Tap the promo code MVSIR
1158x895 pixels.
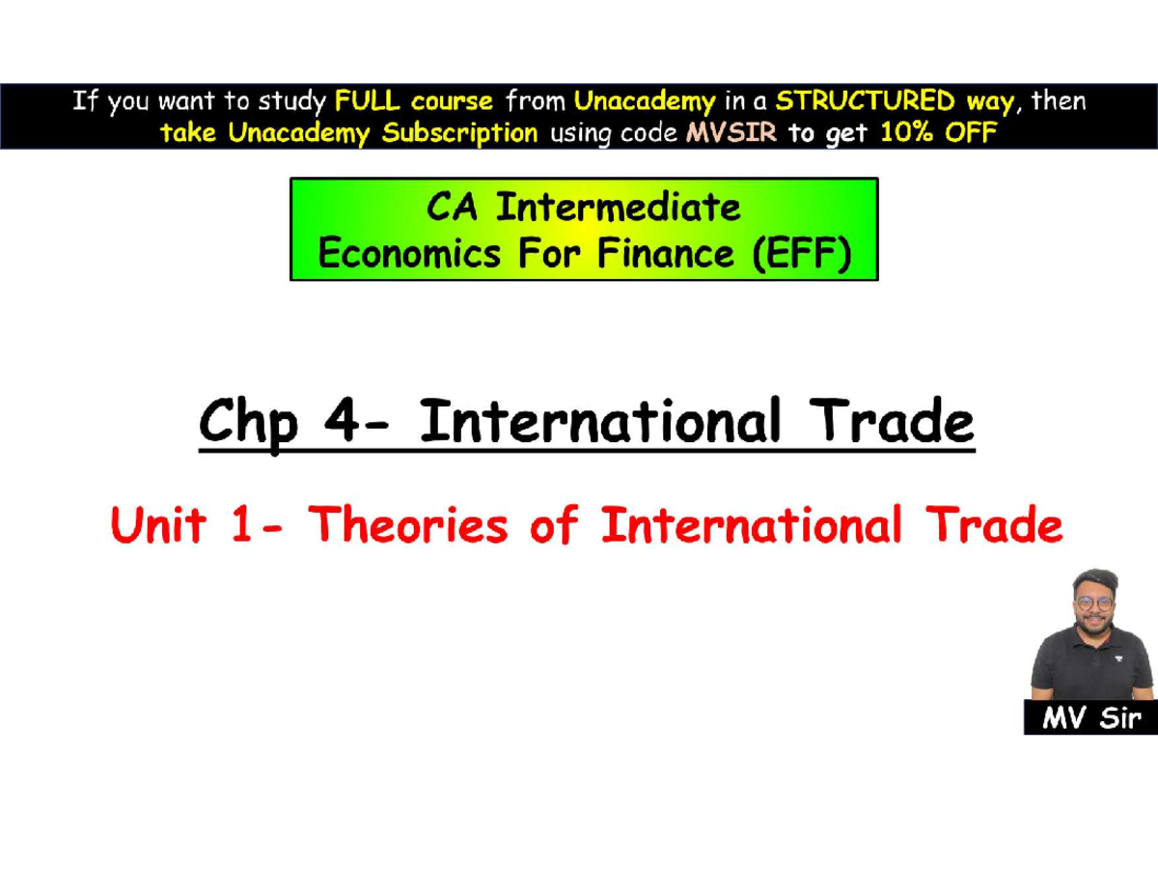pos(731,133)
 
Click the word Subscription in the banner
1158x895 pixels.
pos(460,133)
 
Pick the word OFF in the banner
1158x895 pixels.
pos(970,133)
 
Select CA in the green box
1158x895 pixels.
pos(455,207)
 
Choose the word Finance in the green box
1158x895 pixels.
pos(657,255)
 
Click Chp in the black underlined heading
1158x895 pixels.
pos(247,425)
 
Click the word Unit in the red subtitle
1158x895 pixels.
pos(158,526)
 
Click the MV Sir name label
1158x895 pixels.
pos(1090,718)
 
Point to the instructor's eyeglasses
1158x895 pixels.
pos(1093,602)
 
